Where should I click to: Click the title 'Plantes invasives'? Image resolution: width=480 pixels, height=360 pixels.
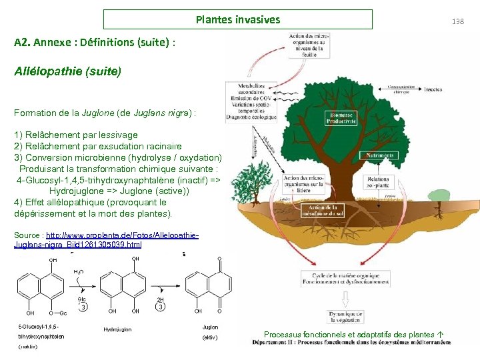point(238,19)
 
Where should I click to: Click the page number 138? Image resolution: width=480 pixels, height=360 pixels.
point(457,21)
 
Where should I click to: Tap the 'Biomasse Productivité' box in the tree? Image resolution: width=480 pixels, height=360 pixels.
point(341,118)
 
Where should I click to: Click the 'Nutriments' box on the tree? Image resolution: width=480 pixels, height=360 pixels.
point(377,155)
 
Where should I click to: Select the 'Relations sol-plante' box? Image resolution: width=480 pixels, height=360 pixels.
point(377,183)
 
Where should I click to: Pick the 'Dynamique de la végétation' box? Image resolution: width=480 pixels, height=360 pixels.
point(345,317)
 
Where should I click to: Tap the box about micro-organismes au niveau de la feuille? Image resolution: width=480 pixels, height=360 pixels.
point(307,45)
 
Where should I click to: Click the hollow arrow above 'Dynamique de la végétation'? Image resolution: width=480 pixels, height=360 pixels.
point(345,299)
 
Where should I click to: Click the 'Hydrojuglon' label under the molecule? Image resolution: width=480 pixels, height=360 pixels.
point(117,329)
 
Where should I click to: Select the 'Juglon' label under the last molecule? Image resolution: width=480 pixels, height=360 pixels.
point(210,327)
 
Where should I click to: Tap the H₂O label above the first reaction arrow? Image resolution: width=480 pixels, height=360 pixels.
point(78,272)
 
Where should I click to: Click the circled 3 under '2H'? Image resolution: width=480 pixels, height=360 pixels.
point(161,307)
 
